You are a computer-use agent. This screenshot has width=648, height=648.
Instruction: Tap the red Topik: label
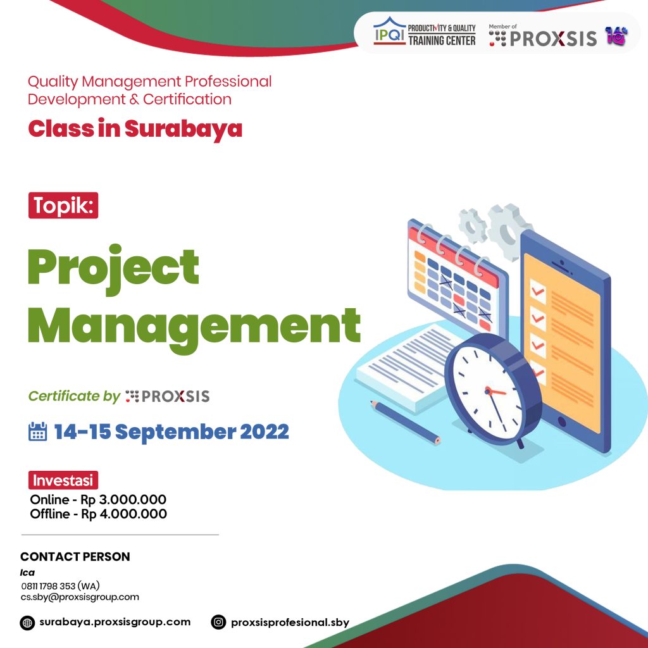[x=63, y=206]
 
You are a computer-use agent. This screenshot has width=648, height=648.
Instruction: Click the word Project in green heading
[x=114, y=267]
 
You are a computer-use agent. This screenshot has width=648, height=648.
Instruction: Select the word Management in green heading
[x=194, y=325]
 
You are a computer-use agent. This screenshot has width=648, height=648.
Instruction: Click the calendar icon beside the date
[x=38, y=432]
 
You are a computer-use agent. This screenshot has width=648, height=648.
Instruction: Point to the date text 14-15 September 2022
[x=171, y=432]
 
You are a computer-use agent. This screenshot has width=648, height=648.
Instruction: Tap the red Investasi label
[x=63, y=480]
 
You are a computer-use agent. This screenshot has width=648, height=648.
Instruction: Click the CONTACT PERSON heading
[x=75, y=557]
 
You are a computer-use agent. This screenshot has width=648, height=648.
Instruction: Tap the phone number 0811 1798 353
[x=60, y=585]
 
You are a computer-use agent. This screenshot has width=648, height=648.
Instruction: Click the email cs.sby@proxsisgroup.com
[x=80, y=597]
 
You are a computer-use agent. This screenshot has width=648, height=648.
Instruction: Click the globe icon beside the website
[x=27, y=622]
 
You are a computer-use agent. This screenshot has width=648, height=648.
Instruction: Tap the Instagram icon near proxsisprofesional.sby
[x=218, y=622]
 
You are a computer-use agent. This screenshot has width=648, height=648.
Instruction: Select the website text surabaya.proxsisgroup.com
[x=115, y=621]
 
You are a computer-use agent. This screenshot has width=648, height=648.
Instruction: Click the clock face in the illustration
[x=490, y=390]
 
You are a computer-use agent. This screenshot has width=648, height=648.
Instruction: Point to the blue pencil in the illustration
[x=406, y=421]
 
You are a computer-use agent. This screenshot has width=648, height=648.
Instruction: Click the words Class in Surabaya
[x=135, y=128]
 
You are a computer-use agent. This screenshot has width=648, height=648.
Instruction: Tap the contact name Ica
[x=27, y=572]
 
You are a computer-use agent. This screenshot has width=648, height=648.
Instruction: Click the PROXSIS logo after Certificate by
[x=168, y=397]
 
